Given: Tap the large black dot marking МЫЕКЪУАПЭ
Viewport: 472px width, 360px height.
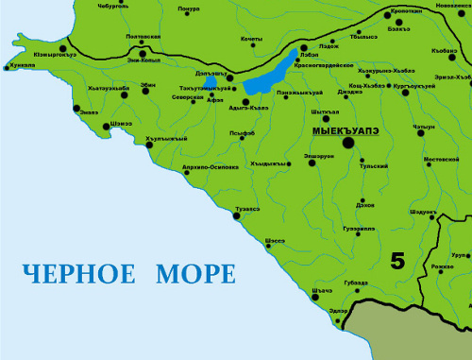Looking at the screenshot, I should click(348, 143).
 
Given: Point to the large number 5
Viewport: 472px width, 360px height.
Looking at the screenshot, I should click(397, 261).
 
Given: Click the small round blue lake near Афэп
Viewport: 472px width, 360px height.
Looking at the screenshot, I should click(211, 92).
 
